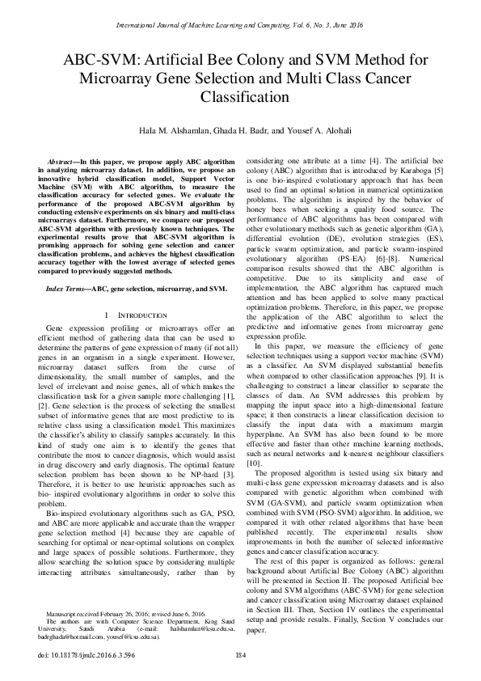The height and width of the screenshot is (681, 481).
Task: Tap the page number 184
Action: point(240,654)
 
